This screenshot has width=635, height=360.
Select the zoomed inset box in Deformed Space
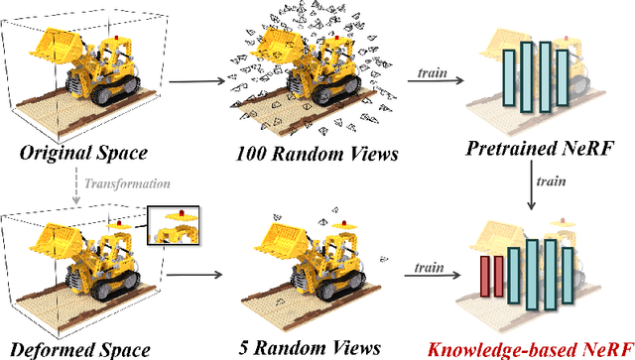(x=176, y=226)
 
